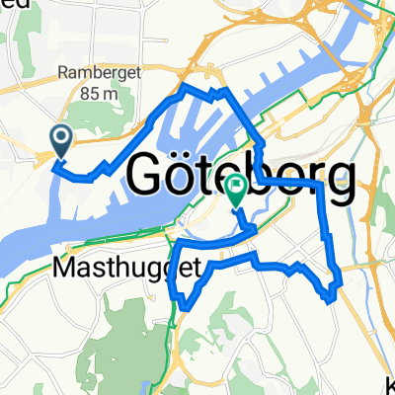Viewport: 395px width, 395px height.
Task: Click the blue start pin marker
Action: coord(61,142)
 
